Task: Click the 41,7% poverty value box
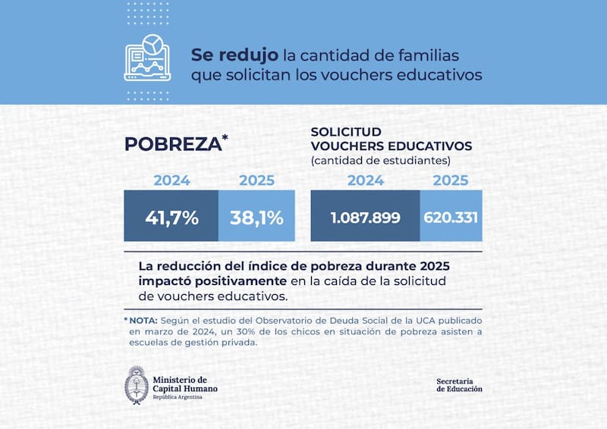click(x=171, y=218)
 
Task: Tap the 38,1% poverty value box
click(x=256, y=218)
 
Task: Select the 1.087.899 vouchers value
click(x=365, y=218)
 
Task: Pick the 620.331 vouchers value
click(x=451, y=218)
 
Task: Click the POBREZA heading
click(x=171, y=144)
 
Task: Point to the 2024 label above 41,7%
click(x=171, y=180)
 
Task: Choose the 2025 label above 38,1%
click(x=256, y=180)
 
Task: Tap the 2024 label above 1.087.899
click(x=365, y=180)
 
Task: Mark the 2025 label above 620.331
click(x=451, y=180)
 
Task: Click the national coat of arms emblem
click(x=136, y=385)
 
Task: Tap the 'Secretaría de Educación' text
click(x=459, y=384)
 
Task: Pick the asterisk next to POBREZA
click(x=225, y=138)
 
